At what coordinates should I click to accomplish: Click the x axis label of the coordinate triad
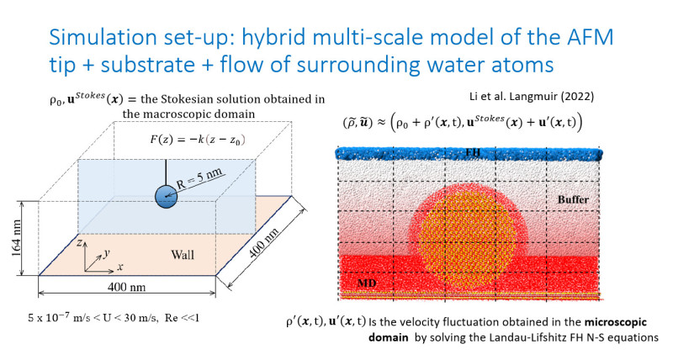click(x=122, y=267)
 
